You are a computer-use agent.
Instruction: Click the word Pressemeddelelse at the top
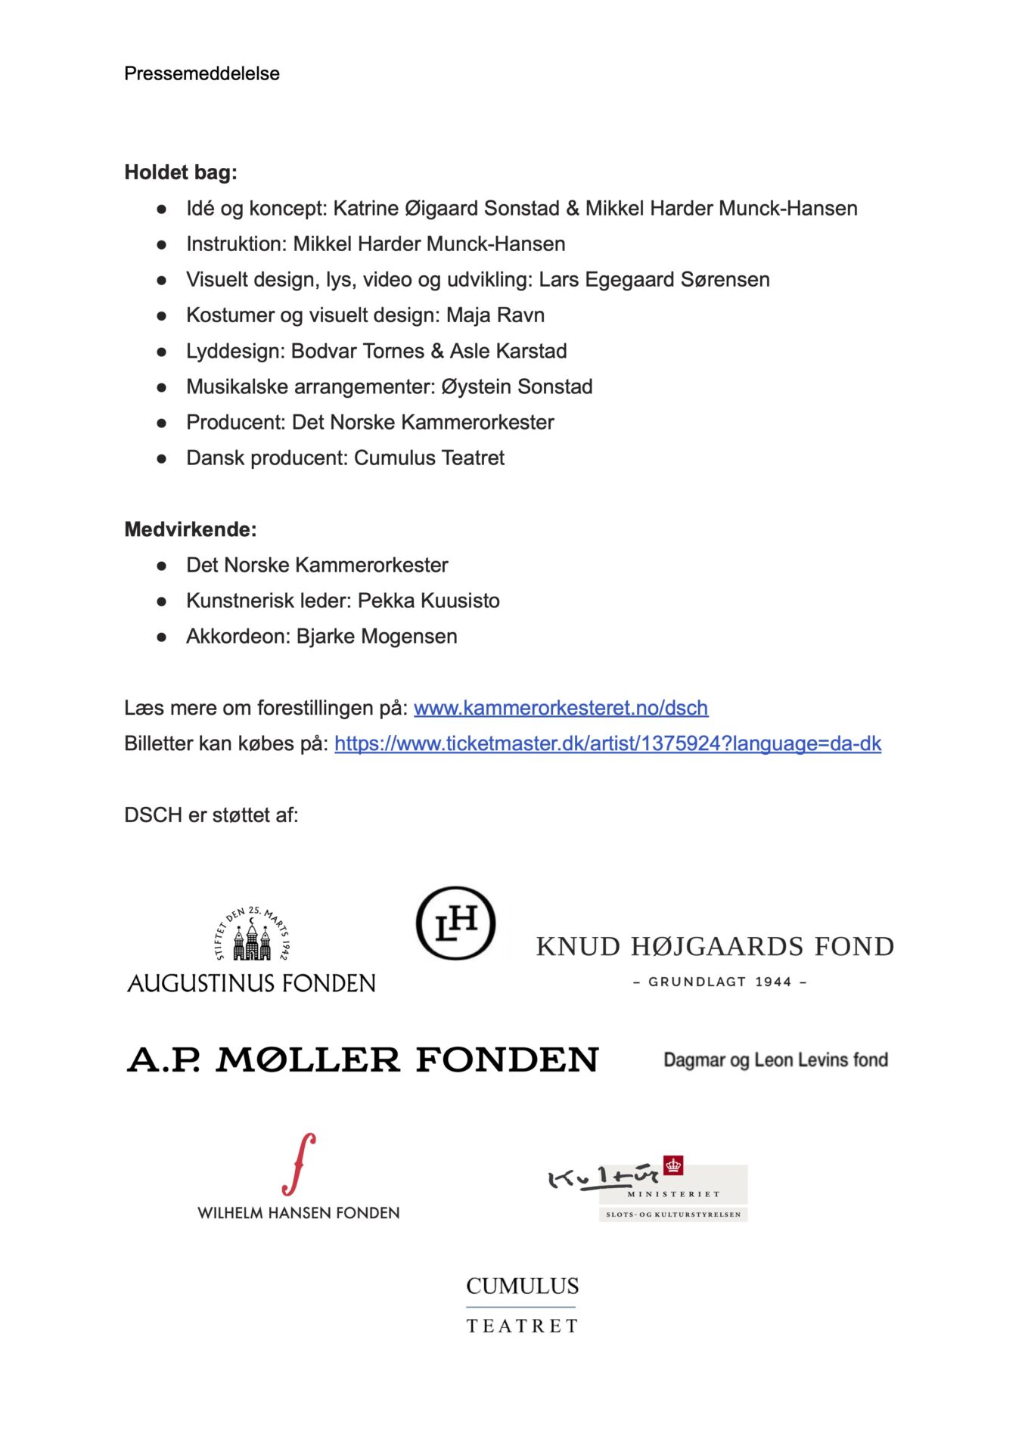[x=201, y=73]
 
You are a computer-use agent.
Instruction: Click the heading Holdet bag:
[x=180, y=172]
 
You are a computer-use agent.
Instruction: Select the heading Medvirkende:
[x=190, y=529]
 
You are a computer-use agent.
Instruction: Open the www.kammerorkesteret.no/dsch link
[x=561, y=708]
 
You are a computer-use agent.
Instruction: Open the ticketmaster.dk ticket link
[x=607, y=743]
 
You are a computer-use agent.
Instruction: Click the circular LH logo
[x=455, y=923]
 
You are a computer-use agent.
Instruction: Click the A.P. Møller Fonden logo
[x=363, y=1060]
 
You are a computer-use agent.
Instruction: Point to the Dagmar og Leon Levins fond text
[x=775, y=1060]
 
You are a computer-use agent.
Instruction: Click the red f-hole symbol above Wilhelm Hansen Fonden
[x=299, y=1164]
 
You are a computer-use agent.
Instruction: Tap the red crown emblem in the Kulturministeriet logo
[x=673, y=1166]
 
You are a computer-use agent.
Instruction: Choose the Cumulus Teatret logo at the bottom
[x=522, y=1305]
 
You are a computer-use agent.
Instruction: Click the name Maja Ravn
[x=495, y=315]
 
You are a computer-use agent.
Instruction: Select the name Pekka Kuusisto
[x=428, y=601]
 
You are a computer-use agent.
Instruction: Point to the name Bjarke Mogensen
[x=377, y=637]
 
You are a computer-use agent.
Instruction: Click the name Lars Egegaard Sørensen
[x=654, y=280]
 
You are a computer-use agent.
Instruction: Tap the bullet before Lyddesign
[x=161, y=352]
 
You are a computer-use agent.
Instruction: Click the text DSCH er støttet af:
[x=211, y=815]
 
